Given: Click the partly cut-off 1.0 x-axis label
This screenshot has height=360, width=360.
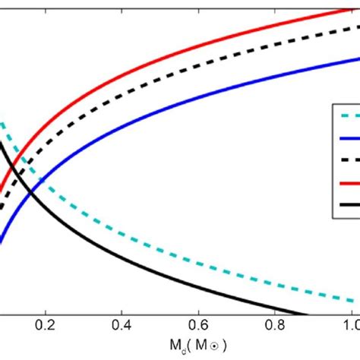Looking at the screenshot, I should pos(352,324).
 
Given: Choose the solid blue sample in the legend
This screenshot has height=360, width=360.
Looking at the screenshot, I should pos(346,138).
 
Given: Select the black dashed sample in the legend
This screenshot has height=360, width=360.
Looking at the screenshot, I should pos(346,160).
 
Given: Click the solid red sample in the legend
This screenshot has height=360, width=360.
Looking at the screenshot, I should pos(346,182).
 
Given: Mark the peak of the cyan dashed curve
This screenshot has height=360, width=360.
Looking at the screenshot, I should pos(3,122).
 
